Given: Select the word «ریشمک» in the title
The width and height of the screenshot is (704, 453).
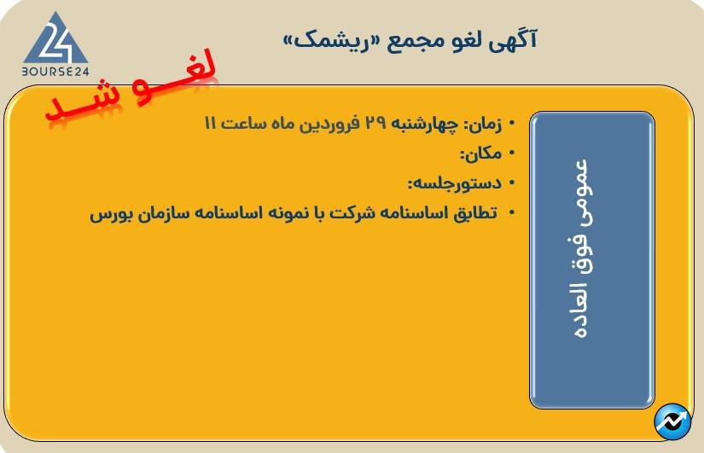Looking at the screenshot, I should (325, 39).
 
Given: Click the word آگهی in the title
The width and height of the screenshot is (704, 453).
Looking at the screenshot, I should (518, 39).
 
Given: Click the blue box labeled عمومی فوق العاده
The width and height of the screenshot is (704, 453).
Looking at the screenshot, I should (591, 259).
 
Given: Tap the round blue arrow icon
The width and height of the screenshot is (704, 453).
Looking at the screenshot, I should (672, 421).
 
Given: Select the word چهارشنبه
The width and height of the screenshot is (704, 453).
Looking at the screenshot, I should (425, 124).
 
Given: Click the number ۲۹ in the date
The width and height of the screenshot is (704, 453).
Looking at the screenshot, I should (375, 124).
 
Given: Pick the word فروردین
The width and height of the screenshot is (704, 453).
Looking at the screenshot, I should (330, 124).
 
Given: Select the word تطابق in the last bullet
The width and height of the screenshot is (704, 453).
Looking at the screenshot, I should (474, 213).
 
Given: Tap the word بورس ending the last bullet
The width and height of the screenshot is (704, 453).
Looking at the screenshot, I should (108, 213).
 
